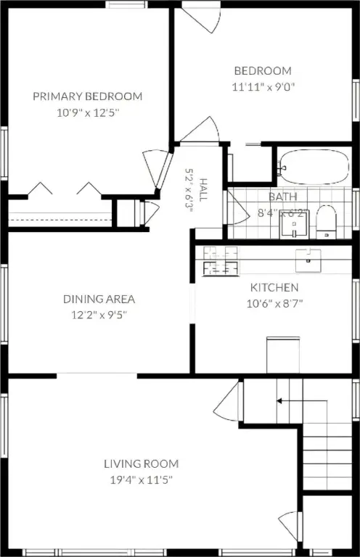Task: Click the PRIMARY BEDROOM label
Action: pyautogui.click(x=87, y=96)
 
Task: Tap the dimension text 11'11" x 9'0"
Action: pyautogui.click(x=263, y=87)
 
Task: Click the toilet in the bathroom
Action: pyautogui.click(x=326, y=221)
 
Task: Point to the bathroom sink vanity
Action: pyautogui.click(x=294, y=224)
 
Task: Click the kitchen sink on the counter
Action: pyautogui.click(x=308, y=260)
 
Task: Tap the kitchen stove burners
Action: pyautogui.click(x=221, y=261)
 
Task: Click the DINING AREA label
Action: pyautogui.click(x=99, y=299)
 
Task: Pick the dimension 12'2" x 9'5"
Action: pyautogui.click(x=99, y=315)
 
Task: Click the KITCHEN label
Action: pyautogui.click(x=274, y=287)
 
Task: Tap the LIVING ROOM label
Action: pyautogui.click(x=142, y=463)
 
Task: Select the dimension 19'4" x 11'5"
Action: pyautogui.click(x=142, y=480)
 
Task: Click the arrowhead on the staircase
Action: pyautogui.click(x=279, y=401)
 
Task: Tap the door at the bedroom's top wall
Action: pyautogui.click(x=202, y=18)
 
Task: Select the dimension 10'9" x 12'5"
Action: pyautogui.click(x=88, y=113)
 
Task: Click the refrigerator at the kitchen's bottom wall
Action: pyautogui.click(x=283, y=355)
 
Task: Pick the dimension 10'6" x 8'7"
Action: pyautogui.click(x=274, y=304)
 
